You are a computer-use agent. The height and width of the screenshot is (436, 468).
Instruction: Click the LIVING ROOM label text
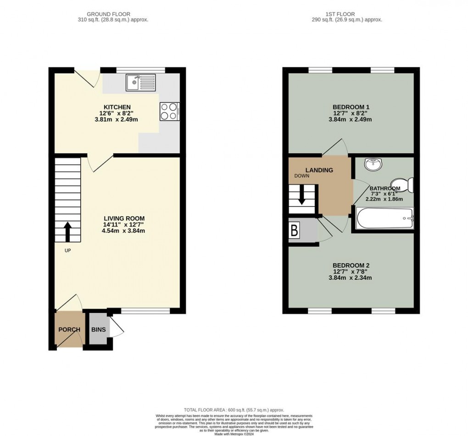click(124, 218)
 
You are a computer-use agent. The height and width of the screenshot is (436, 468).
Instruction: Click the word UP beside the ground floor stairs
click(67, 251)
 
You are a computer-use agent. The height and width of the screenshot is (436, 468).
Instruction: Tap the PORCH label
click(69, 329)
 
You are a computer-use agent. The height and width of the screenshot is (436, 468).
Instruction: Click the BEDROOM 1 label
click(351, 107)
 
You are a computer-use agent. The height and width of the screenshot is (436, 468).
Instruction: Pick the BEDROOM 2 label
click(351, 265)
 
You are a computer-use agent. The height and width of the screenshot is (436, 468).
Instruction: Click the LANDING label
click(319, 170)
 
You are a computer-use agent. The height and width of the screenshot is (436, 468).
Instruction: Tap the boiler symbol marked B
click(294, 231)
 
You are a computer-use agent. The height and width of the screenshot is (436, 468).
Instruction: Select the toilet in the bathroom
click(406, 184)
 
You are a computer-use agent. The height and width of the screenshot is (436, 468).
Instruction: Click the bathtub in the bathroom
click(384, 219)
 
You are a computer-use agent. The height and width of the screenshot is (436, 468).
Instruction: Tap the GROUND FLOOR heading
click(112, 14)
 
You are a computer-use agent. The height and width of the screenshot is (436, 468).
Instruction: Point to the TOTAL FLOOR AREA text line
click(234, 410)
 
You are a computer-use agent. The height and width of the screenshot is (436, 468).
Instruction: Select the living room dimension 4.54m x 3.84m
click(124, 231)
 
